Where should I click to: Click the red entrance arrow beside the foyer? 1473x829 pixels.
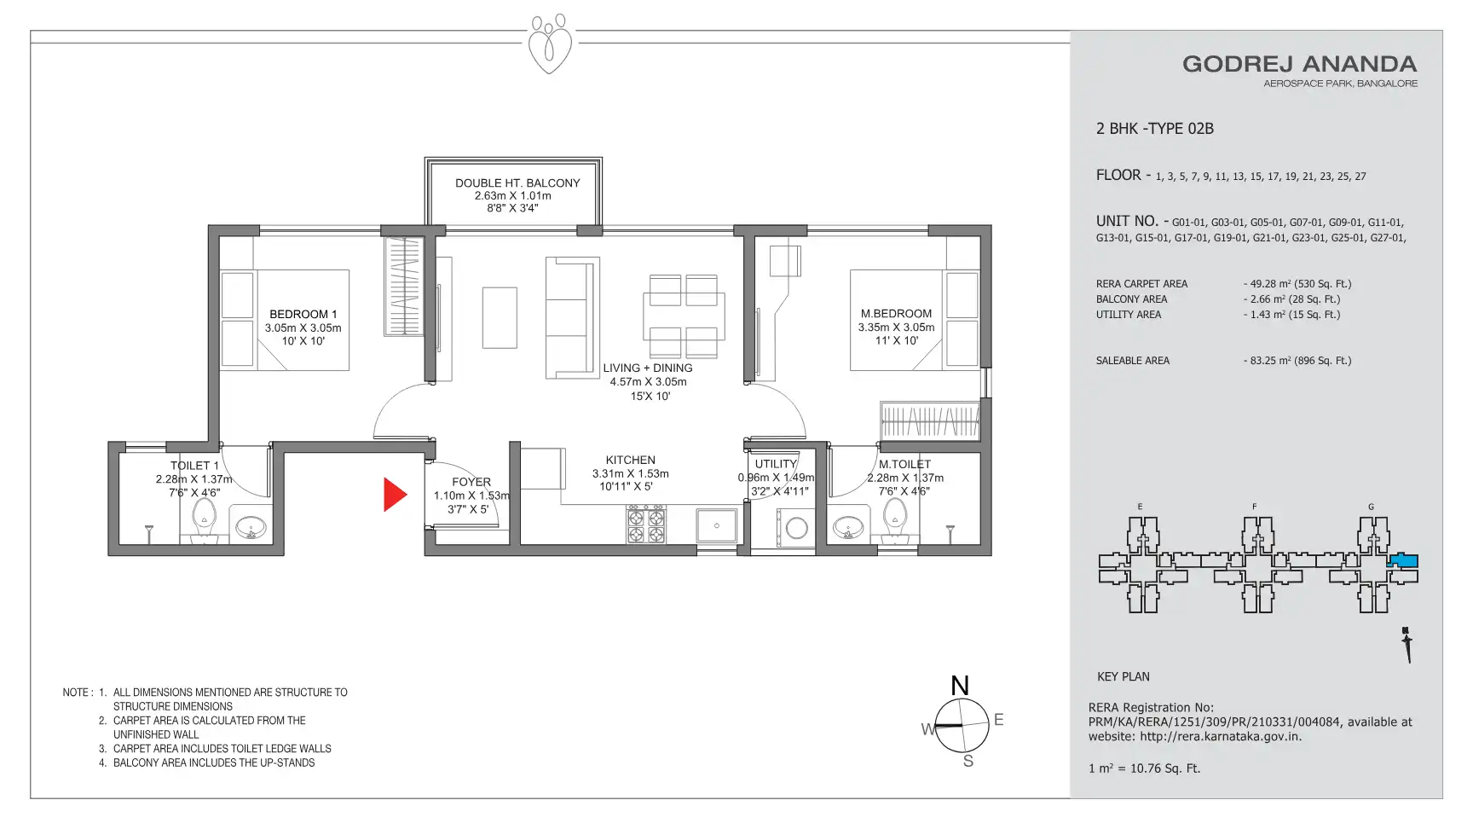click(393, 495)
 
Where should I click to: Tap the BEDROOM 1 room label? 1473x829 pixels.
click(303, 314)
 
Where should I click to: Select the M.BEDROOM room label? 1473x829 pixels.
click(896, 314)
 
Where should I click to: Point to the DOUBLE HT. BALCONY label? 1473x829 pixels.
click(517, 183)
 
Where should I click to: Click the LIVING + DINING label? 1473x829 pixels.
click(648, 368)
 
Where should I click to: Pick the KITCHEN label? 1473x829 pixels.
click(631, 460)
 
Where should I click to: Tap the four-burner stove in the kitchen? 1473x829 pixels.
click(646, 525)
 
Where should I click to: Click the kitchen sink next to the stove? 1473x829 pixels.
click(717, 525)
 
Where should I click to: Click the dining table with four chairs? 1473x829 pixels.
click(684, 316)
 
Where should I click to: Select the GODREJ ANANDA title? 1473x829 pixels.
click(1300, 64)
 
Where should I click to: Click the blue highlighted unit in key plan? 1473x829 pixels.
click(1403, 561)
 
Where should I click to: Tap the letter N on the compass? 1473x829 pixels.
click(960, 686)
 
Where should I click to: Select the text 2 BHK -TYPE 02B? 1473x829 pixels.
click(1155, 129)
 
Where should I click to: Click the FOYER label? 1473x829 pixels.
click(471, 482)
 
